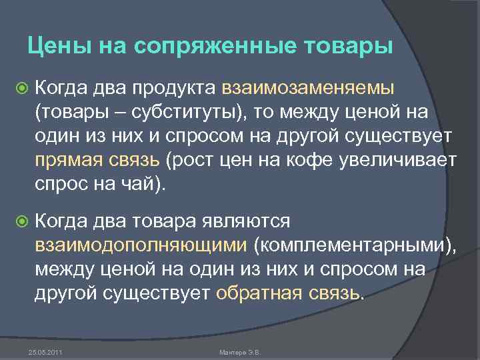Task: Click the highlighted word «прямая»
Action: [x=69, y=161]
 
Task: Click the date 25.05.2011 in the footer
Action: [x=41, y=351]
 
